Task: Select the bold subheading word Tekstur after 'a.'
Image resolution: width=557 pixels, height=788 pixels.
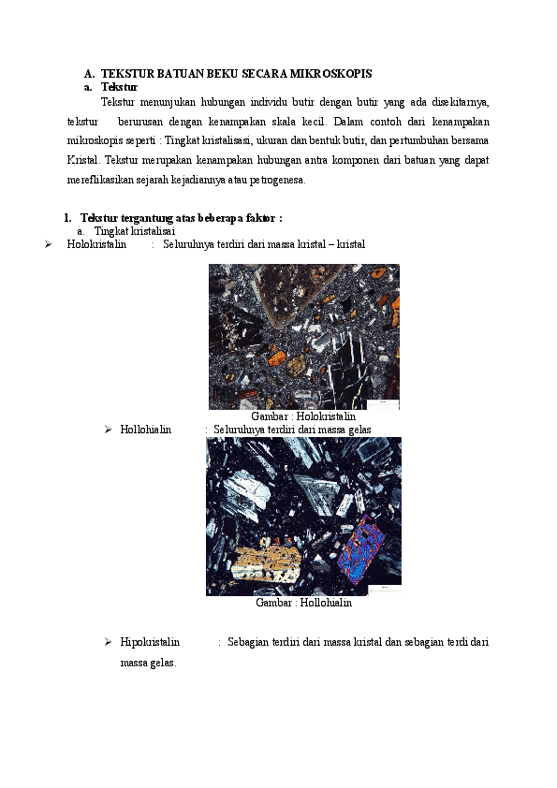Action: (119, 86)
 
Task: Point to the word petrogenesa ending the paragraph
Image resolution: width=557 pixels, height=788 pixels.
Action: (284, 180)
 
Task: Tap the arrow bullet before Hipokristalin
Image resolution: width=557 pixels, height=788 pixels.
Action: (109, 642)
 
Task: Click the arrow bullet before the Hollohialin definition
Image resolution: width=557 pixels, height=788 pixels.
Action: (109, 430)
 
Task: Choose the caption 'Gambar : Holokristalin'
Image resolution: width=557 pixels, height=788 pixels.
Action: (304, 416)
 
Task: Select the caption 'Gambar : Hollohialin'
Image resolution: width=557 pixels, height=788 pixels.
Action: (303, 603)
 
